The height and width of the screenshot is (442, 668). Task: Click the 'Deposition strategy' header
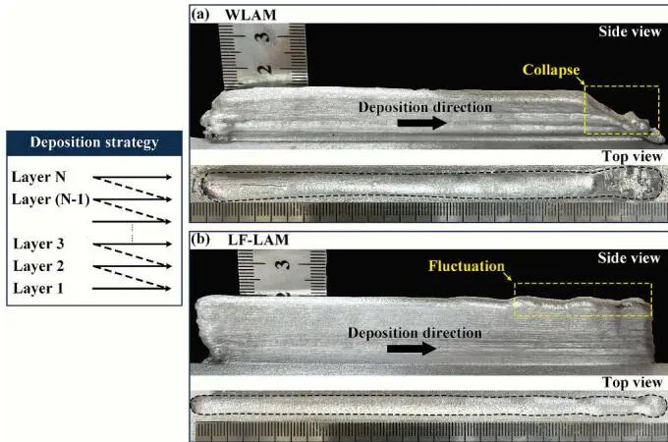point(94,142)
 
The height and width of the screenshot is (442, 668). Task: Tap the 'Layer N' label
point(38,177)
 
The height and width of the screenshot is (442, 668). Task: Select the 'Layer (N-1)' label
point(50,199)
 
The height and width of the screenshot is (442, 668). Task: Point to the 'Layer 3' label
point(38,244)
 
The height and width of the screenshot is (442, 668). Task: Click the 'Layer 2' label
point(38,266)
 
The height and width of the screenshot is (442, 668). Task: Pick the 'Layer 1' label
point(38,288)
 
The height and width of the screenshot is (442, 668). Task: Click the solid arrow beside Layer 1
point(132,288)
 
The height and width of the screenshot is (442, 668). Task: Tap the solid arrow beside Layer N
point(132,177)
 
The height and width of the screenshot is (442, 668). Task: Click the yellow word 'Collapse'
point(551,71)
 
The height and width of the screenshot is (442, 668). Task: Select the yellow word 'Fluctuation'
point(467,266)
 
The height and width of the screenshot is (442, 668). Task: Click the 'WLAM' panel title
point(250,15)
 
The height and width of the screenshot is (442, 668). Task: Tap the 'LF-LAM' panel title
point(258,240)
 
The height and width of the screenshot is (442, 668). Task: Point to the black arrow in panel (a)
point(421,123)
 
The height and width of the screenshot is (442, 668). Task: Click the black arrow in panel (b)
point(412,349)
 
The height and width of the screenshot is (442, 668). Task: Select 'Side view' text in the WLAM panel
point(630,31)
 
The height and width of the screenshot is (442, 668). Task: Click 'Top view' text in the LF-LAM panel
point(633,382)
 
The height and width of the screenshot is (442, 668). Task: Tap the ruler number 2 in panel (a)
point(264,69)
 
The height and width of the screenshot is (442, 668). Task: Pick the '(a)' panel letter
point(200,15)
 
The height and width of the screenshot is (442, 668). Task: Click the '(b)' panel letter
point(200,240)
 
